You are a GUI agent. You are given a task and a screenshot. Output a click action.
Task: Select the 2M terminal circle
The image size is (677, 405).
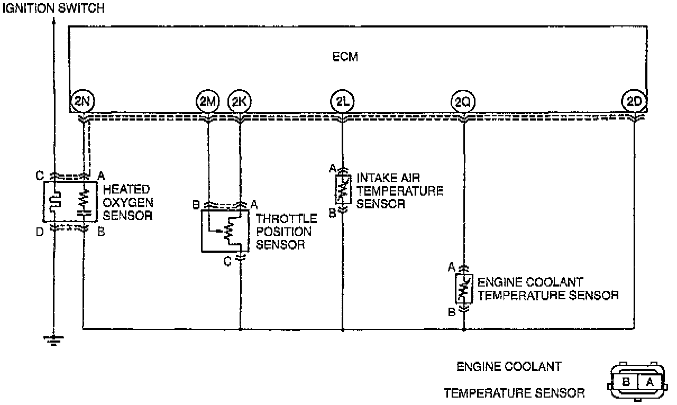(207, 101)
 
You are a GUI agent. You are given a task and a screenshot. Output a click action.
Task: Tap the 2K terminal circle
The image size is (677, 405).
(240, 101)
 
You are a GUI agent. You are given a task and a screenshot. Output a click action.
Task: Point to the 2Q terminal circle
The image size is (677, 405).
(463, 101)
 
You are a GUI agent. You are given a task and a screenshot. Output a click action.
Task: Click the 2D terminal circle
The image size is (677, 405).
(634, 101)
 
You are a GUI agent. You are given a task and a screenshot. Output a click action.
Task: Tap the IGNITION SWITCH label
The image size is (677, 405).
(53, 8)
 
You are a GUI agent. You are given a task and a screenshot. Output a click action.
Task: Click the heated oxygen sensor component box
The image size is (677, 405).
(70, 201)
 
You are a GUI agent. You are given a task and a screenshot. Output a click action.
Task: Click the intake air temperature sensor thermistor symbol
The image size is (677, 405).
(343, 190)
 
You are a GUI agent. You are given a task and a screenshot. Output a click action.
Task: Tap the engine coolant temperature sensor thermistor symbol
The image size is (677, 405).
(463, 288)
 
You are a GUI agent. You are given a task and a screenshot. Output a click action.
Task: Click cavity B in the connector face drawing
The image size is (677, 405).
(626, 381)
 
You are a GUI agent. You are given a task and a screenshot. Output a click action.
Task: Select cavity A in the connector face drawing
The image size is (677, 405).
(648, 381)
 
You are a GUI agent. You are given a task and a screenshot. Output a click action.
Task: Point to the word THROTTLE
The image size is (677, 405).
(286, 219)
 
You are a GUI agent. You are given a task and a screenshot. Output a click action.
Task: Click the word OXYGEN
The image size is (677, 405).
(127, 202)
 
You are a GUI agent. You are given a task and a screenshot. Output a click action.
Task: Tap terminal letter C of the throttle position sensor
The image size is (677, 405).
(227, 261)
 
